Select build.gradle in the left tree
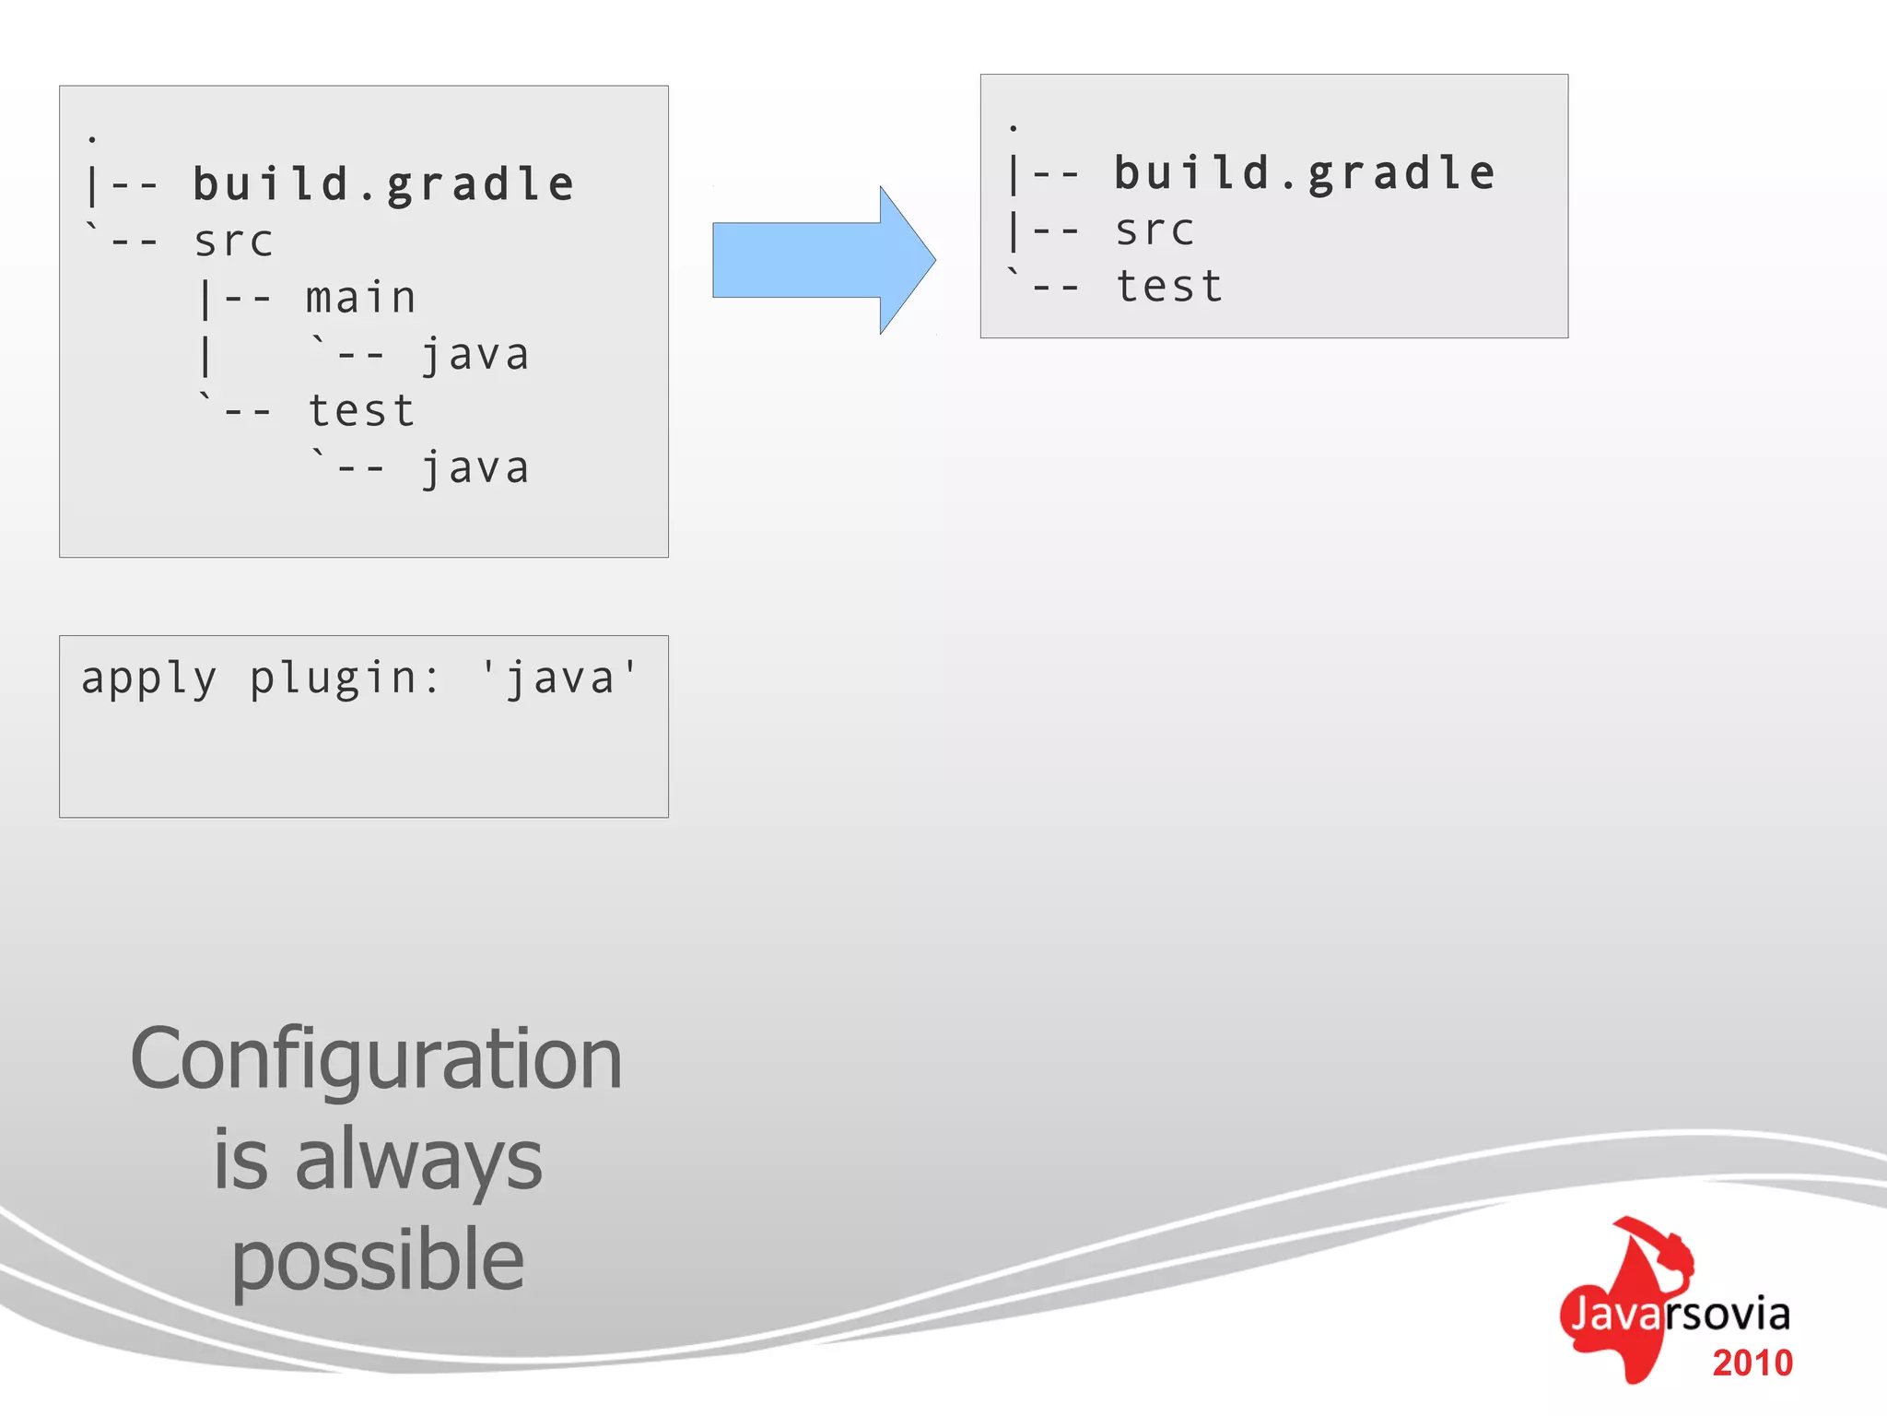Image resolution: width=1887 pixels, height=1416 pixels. point(383,184)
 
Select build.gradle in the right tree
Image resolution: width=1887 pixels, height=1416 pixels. point(1305,173)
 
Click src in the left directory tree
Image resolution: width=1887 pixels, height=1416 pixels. point(233,242)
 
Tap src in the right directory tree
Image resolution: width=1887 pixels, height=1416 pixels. point(1154,230)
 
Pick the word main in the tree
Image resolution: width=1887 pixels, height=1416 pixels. point(361,299)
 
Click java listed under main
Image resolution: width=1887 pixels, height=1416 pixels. point(475,356)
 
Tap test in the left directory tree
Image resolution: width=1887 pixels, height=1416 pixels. point(361,411)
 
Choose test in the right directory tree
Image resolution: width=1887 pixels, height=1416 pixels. point(1169,287)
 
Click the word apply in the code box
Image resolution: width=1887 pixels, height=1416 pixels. point(149,679)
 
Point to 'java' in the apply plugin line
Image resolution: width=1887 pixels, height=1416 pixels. point(559,679)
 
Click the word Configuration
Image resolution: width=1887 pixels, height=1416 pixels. point(376,1060)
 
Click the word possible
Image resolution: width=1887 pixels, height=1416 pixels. point(377,1261)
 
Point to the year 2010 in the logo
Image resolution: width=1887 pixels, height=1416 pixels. point(1752,1363)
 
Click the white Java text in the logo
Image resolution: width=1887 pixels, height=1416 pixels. point(1615,1314)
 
